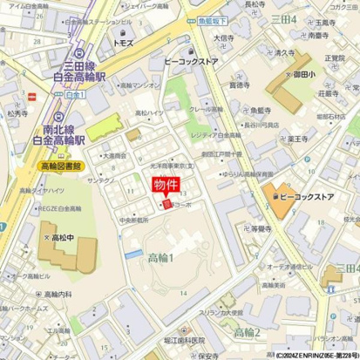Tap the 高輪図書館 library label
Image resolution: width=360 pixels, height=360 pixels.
(37, 165)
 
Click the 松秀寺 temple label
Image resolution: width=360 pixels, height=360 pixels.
(17, 112)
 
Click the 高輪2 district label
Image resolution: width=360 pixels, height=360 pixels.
(248, 332)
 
